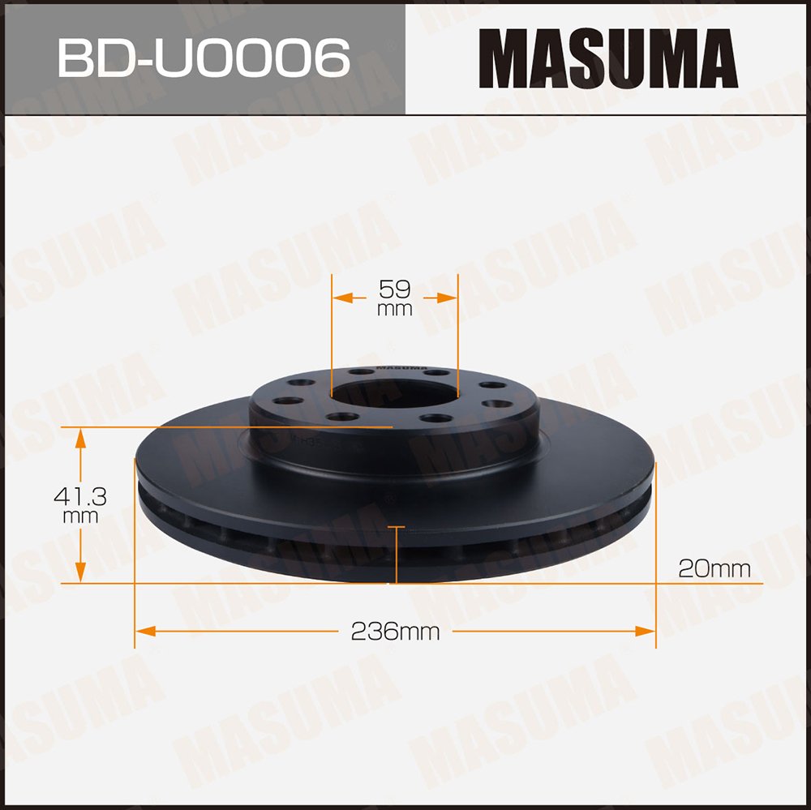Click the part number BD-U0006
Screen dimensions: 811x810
[204, 58]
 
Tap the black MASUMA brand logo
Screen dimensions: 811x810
[608, 58]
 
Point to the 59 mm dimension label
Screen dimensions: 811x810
[395, 298]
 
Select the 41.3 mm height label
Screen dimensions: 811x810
[80, 505]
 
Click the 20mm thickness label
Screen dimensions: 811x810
[714, 569]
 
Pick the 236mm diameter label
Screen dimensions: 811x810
[395, 632]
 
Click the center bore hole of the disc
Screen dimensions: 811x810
[395, 393]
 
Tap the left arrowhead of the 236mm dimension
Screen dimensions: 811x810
[145, 631]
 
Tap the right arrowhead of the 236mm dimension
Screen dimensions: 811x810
[645, 631]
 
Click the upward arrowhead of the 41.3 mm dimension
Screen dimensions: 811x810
[80, 438]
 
